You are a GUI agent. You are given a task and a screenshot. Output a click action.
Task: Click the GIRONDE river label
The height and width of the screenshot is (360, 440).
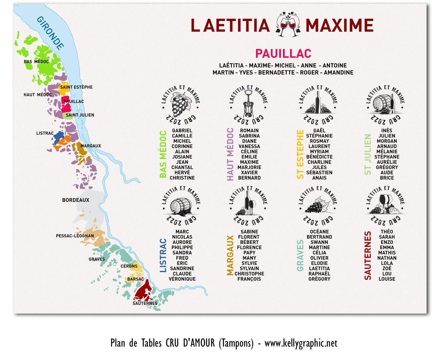click(50, 33)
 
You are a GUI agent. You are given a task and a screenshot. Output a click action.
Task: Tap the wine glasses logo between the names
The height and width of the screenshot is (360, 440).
click(288, 25)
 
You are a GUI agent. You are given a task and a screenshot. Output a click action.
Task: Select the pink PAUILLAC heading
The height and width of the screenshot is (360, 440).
click(283, 53)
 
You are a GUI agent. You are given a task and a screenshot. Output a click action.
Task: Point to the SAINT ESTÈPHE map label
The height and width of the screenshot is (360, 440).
click(76, 87)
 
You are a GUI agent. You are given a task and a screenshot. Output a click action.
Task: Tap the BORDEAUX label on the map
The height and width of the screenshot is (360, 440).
click(76, 200)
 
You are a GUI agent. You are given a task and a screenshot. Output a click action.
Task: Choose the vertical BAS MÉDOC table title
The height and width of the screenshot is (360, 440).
click(163, 154)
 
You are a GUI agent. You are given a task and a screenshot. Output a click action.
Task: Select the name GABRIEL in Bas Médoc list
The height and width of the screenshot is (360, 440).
click(182, 131)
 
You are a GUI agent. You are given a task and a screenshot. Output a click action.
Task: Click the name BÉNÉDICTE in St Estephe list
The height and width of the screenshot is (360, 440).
click(319, 157)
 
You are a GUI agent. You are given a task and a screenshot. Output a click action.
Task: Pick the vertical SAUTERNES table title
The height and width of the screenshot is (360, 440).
click(368, 255)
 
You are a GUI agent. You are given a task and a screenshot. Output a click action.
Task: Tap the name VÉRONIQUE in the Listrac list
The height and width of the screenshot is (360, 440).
click(182, 279)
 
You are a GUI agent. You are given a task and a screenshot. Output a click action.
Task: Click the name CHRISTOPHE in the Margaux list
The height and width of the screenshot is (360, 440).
click(249, 274)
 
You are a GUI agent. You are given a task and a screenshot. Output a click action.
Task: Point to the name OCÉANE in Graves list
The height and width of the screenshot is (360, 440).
click(319, 232)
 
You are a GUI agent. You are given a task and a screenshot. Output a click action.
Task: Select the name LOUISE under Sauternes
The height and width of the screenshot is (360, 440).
click(387, 279)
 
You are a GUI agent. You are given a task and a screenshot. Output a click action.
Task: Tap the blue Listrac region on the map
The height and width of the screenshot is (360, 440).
click(59, 137)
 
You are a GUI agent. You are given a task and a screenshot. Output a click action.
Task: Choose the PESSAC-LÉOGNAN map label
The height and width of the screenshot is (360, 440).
click(75, 236)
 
